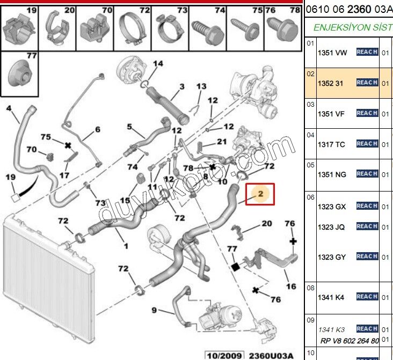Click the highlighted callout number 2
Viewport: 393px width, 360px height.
(260, 194)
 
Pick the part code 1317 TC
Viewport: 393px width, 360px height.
(331, 144)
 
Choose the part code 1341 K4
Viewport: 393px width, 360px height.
(331, 297)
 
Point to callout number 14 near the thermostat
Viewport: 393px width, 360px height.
(157, 63)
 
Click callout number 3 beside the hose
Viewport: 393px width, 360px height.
(182, 86)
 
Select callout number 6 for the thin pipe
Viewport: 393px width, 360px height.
(98, 129)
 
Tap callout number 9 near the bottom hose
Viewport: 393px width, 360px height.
(154, 310)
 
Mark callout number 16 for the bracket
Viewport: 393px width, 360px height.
(290, 286)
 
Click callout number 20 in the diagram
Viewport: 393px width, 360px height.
(267, 223)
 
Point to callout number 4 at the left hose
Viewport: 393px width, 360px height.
(9, 108)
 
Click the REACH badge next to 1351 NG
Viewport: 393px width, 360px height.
(367, 174)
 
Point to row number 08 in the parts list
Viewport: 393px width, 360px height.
(310, 288)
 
